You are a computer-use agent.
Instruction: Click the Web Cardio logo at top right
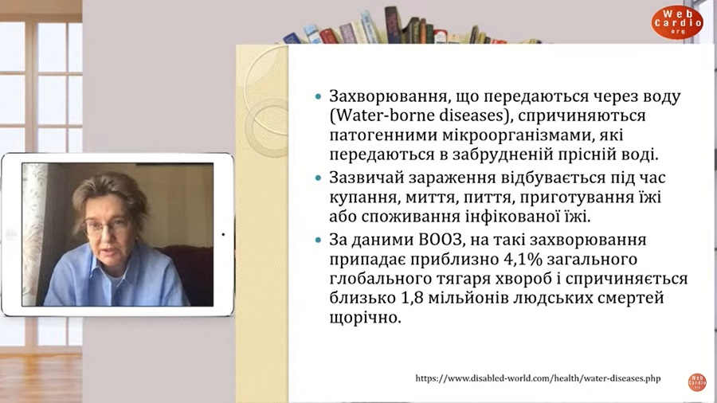[x=677, y=22]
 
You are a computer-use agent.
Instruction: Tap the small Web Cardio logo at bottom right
[x=697, y=382]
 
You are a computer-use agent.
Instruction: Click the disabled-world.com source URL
[x=538, y=378]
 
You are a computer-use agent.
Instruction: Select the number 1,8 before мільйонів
[x=410, y=298]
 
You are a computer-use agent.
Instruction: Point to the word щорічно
[x=365, y=317]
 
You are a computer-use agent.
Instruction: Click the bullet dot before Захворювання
[x=318, y=96]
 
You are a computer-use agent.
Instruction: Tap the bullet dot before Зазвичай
[x=318, y=178]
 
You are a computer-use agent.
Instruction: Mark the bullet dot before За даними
[x=318, y=240]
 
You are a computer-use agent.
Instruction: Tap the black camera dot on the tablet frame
[x=223, y=234]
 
